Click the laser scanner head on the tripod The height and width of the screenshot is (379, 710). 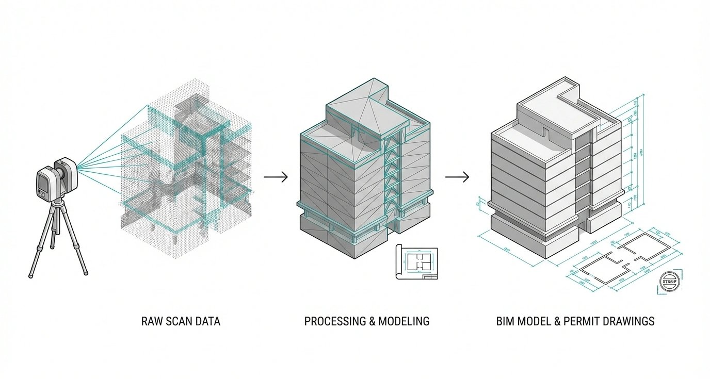click(x=57, y=178)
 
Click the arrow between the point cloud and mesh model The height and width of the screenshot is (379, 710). click(x=276, y=177)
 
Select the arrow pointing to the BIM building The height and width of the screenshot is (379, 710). click(x=457, y=177)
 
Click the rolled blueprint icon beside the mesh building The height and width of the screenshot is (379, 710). click(x=416, y=262)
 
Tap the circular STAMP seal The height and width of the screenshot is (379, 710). click(x=669, y=282)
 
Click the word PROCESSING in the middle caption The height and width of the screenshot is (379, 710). click(x=334, y=321)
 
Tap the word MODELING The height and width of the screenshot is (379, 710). click(x=404, y=321)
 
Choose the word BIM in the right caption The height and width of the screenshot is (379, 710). click(x=505, y=321)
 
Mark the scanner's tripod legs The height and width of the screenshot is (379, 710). click(x=57, y=237)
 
